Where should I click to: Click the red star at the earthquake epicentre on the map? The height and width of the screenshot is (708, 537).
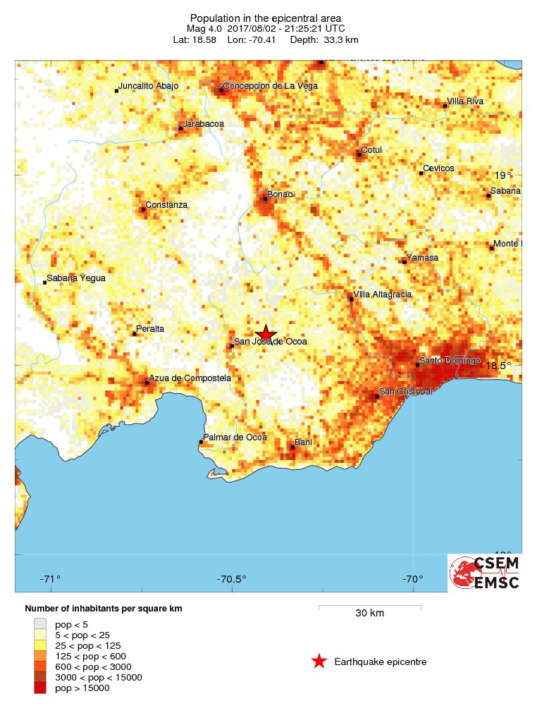(266, 335)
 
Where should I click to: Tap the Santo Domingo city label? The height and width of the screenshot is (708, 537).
(450, 361)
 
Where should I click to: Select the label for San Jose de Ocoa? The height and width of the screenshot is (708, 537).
(271, 342)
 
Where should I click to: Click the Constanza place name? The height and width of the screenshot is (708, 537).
(166, 205)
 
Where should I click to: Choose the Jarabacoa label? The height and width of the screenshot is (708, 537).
(204, 124)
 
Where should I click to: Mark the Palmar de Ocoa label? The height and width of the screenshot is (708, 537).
(235, 437)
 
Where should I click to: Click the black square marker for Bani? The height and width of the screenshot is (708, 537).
(292, 447)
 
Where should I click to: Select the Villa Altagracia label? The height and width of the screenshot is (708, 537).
(383, 294)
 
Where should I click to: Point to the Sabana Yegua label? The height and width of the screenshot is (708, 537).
(76, 278)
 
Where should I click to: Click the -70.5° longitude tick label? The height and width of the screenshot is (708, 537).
(232, 580)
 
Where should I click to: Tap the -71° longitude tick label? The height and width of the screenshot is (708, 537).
(50, 580)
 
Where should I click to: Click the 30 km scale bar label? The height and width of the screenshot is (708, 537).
(369, 613)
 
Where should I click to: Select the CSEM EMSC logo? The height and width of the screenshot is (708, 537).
(485, 573)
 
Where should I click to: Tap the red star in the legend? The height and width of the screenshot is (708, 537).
(319, 662)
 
